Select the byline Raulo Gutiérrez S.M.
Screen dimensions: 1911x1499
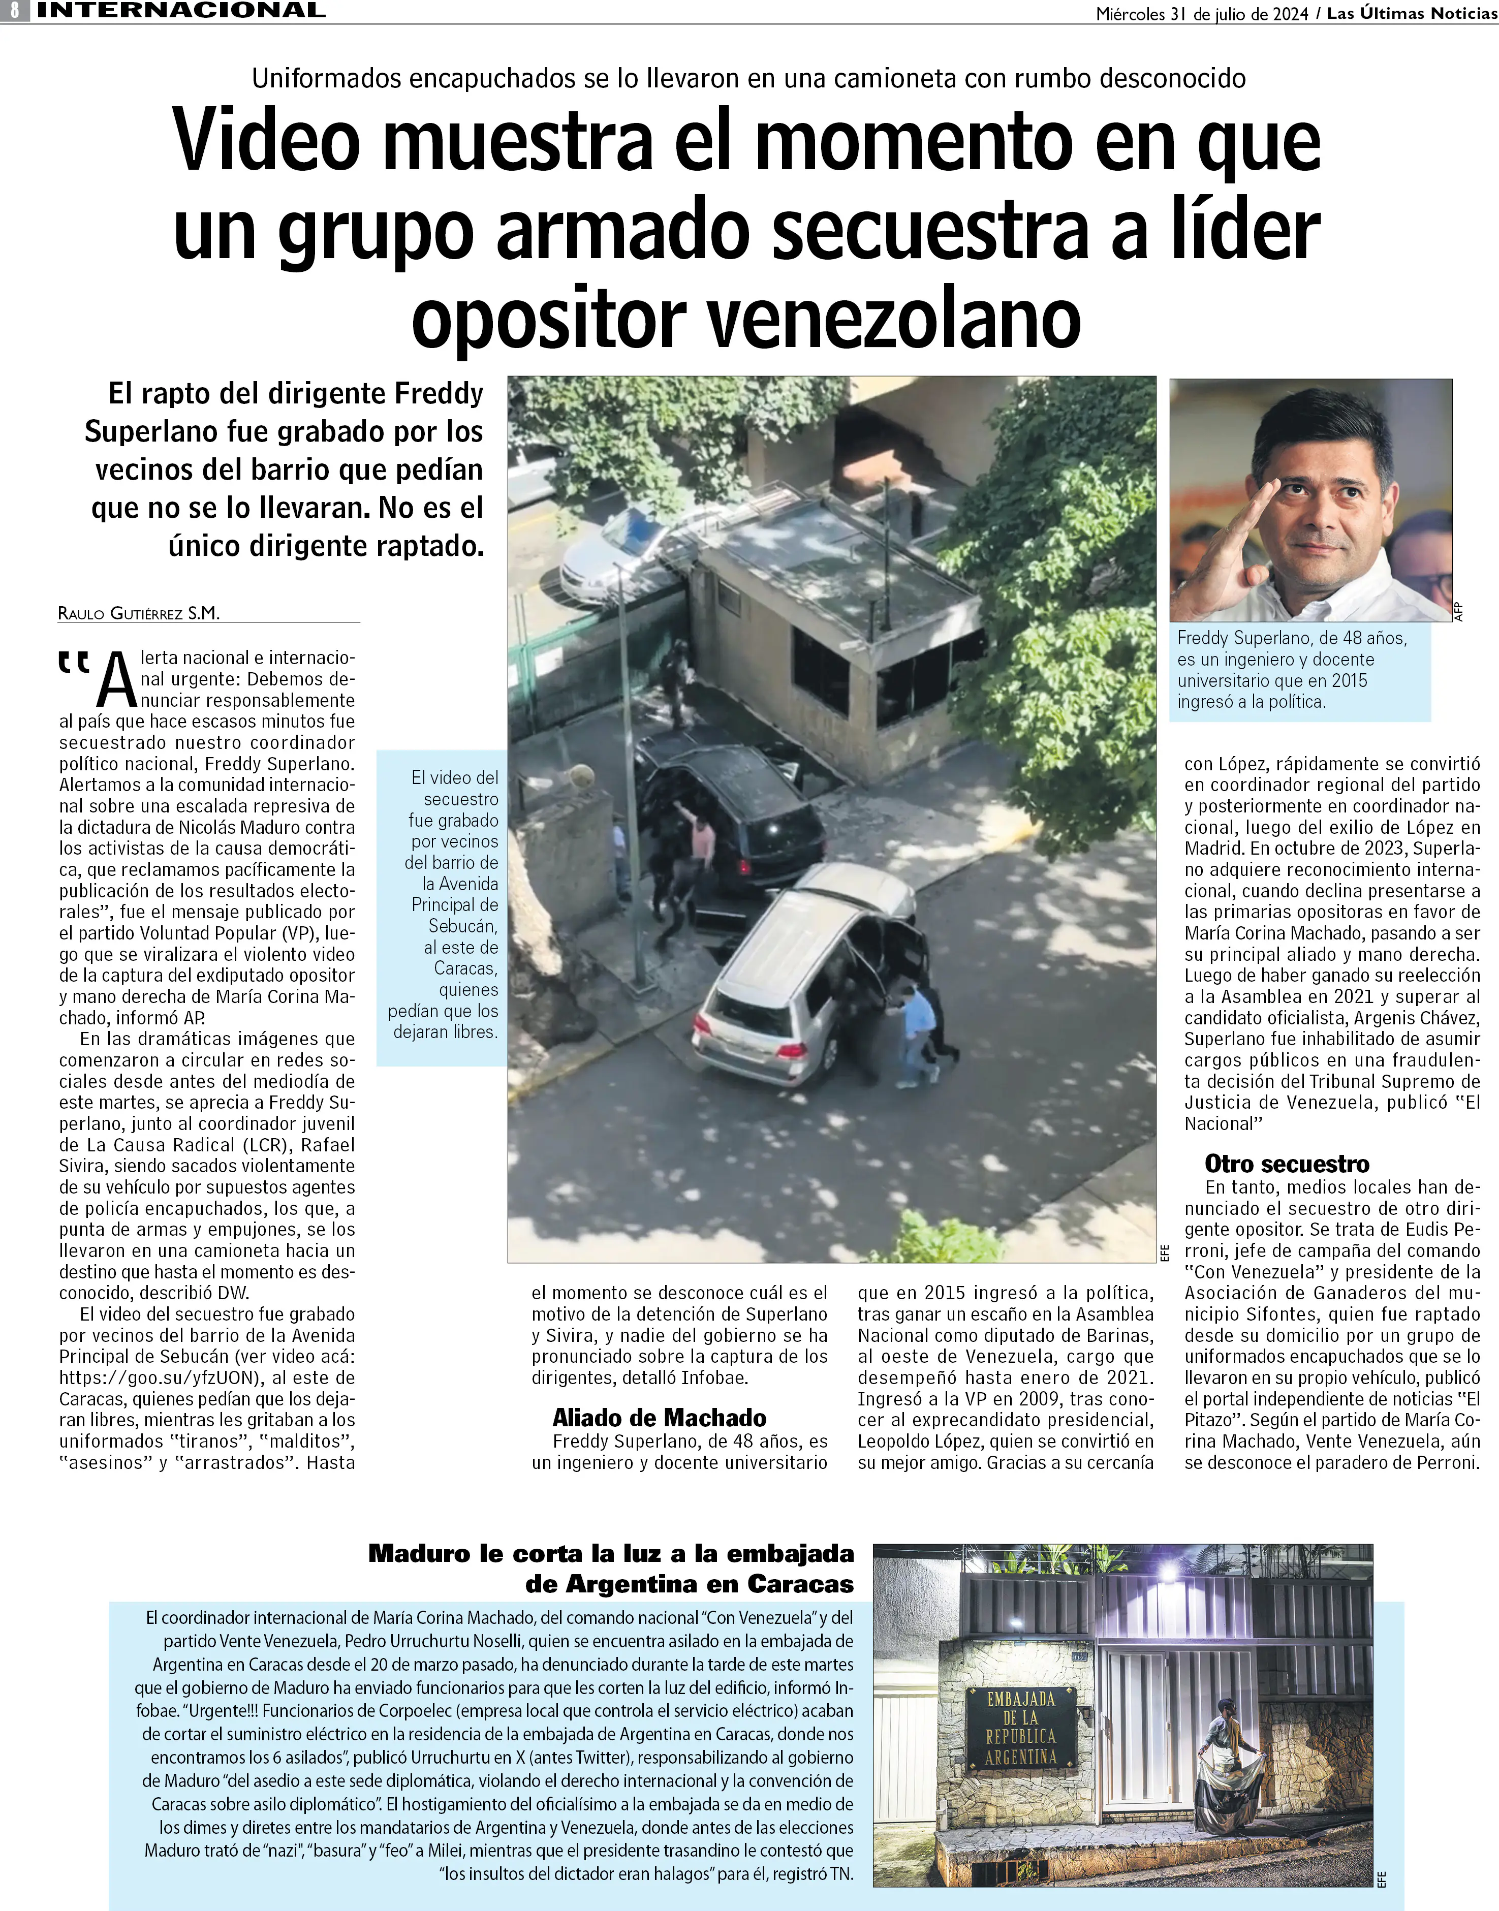[x=139, y=613]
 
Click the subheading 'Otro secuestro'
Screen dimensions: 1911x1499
[x=1287, y=1164]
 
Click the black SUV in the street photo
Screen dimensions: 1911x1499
[x=733, y=811]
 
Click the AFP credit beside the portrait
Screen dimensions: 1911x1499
[x=1459, y=612]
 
